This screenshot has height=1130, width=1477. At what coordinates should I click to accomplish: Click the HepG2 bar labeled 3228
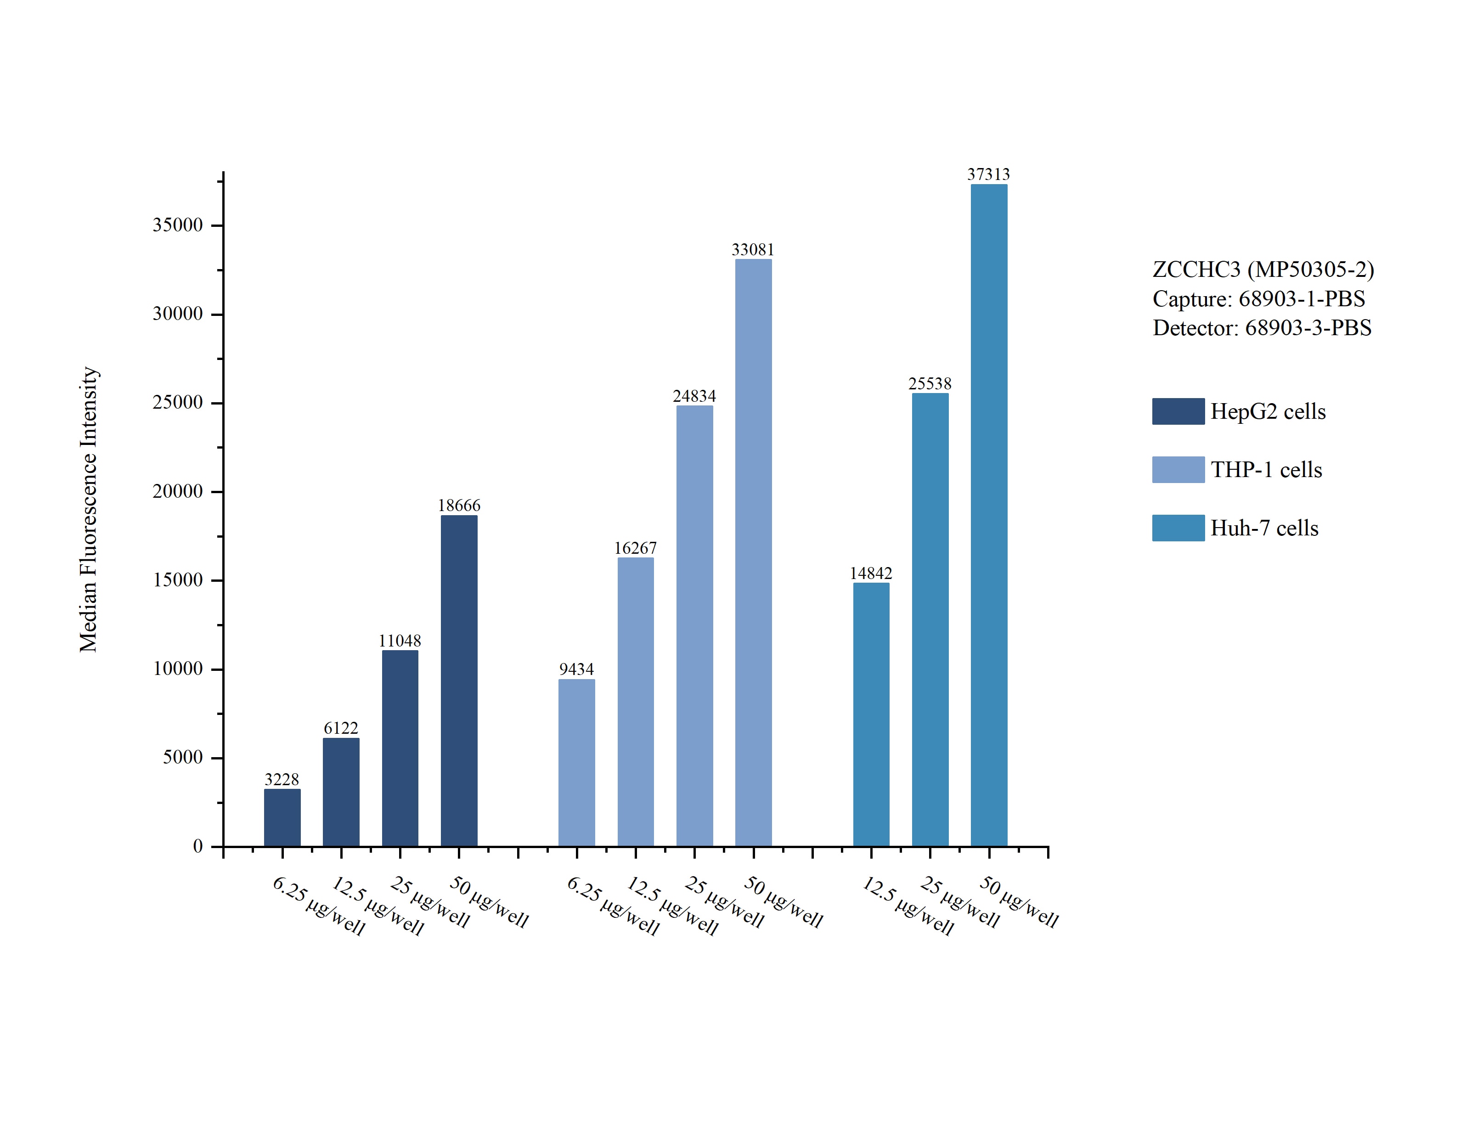(x=282, y=817)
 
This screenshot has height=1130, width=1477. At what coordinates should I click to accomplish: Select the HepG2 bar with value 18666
(x=459, y=680)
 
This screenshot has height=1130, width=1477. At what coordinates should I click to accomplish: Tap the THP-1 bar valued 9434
(x=576, y=763)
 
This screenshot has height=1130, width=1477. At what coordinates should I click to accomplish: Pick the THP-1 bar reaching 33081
(x=753, y=552)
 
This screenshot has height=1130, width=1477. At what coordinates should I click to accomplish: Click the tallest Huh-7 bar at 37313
(x=989, y=515)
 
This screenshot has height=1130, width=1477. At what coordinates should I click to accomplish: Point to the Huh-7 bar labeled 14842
(x=871, y=714)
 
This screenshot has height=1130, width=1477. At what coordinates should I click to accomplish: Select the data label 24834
(x=694, y=396)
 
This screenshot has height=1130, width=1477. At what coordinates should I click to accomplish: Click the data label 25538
(x=930, y=383)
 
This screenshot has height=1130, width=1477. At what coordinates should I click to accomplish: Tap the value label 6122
(x=341, y=728)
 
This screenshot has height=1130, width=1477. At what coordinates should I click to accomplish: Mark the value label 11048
(x=400, y=641)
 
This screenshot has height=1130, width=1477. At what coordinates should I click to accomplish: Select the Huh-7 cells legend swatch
(x=1178, y=528)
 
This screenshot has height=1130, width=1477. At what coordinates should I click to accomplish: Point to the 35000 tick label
(x=178, y=225)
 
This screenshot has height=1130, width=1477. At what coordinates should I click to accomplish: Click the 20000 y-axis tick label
(x=178, y=492)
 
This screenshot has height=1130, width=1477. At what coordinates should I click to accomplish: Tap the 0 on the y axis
(x=198, y=846)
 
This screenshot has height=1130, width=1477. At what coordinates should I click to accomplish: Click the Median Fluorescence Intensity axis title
(x=89, y=509)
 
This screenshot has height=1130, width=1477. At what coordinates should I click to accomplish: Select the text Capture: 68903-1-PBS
(x=1258, y=298)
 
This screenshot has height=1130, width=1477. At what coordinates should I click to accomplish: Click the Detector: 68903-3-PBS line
(x=1262, y=327)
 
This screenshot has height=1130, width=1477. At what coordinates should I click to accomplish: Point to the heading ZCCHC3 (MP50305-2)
(x=1263, y=269)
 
